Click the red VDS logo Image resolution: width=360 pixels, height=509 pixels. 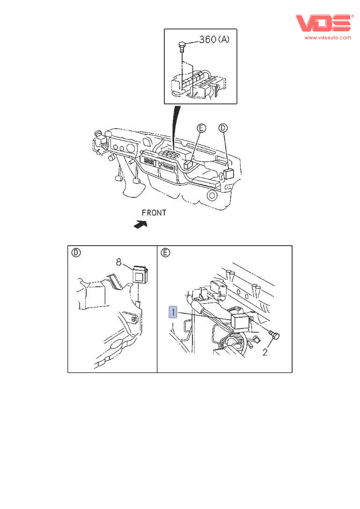[x=323, y=23]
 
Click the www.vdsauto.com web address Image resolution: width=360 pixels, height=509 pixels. [x=328, y=37]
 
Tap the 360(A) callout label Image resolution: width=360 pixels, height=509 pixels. [x=214, y=40]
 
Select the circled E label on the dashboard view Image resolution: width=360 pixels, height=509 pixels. [x=201, y=128]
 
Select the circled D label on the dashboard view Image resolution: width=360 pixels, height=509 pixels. [x=223, y=128]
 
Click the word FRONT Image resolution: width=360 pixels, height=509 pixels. [x=154, y=213]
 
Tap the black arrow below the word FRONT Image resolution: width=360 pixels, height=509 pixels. [x=140, y=225]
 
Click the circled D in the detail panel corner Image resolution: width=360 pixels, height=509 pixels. [x=76, y=253]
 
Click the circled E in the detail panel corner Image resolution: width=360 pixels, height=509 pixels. [x=165, y=253]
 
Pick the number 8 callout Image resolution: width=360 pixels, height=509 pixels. [x=119, y=263]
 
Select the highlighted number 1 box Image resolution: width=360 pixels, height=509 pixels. [x=173, y=312]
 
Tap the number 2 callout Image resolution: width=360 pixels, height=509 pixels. [x=265, y=352]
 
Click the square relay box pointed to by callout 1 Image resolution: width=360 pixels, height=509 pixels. [x=240, y=322]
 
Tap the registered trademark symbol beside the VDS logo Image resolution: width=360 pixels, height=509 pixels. [x=353, y=16]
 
